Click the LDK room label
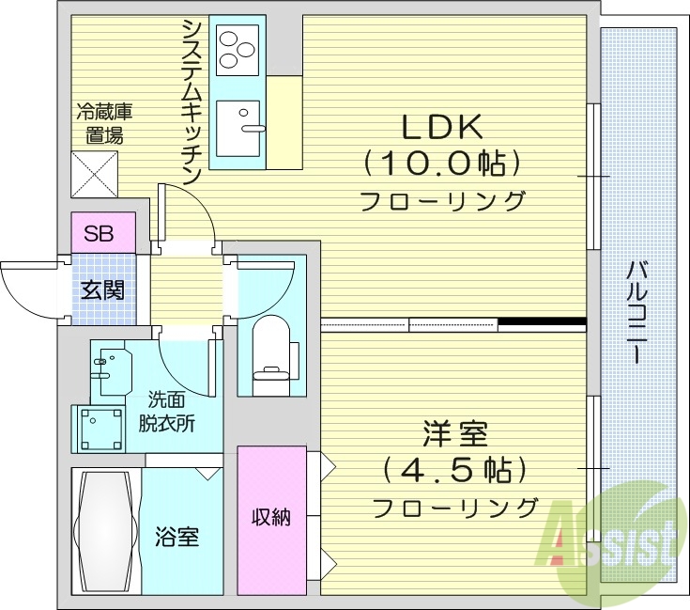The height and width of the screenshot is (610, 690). pyautogui.click(x=442, y=127)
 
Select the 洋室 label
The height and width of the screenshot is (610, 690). pyautogui.click(x=454, y=434)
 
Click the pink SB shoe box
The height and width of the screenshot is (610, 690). pyautogui.click(x=100, y=233)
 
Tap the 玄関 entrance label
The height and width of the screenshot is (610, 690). pyautogui.click(x=100, y=289)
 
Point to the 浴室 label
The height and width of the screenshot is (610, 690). pyautogui.click(x=176, y=539)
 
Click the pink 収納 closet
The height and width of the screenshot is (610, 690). pyautogui.click(x=271, y=519)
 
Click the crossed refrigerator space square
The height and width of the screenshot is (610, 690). pyautogui.click(x=94, y=174)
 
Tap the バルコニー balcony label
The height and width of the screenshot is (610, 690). pyautogui.click(x=636, y=311)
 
